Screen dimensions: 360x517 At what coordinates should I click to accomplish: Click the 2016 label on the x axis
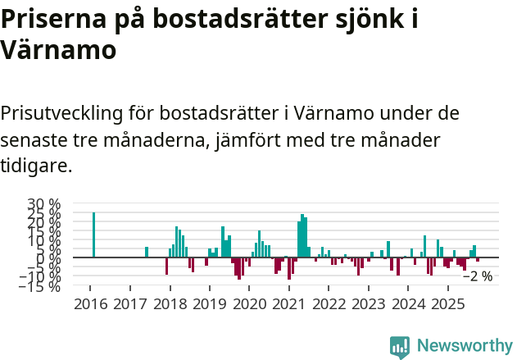tap(90, 304)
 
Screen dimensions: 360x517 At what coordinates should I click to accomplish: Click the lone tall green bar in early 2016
tap(93, 235)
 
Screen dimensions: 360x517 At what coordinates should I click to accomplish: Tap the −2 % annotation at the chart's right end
tap(478, 276)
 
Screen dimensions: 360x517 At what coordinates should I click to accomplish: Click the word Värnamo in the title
tap(58, 51)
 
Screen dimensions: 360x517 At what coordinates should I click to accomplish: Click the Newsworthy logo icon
tap(399, 347)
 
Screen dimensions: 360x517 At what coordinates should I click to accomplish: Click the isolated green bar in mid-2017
tap(147, 252)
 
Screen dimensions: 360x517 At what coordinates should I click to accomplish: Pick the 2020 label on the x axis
tap(249, 304)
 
